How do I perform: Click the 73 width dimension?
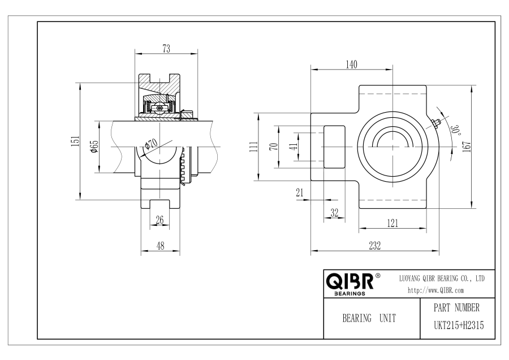pos(166,49)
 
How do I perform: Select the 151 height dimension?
pos(75,142)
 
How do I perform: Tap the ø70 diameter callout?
pos(151,143)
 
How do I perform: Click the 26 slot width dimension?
pos(159,220)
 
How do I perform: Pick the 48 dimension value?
pos(161,246)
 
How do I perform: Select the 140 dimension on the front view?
pos(351,65)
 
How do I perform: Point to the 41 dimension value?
pos(294,147)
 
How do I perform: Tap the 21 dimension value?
pos(300,192)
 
